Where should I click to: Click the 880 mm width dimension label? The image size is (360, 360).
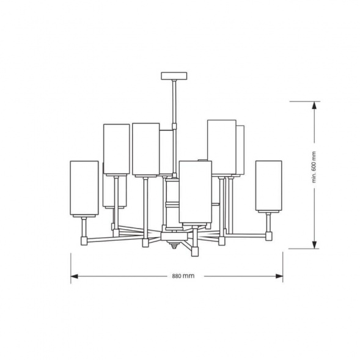pyautogui.click(x=183, y=276)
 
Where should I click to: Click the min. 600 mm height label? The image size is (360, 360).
pyautogui.click(x=314, y=167)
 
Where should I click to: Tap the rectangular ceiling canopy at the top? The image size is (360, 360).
pyautogui.click(x=174, y=76)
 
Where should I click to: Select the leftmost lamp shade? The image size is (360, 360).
pyautogui.click(x=84, y=188)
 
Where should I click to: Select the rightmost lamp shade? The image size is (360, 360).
pyautogui.click(x=268, y=186)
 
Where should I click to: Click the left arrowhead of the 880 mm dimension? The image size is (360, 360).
pyautogui.click(x=74, y=276)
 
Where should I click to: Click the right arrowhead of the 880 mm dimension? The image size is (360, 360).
pyautogui.click(x=279, y=276)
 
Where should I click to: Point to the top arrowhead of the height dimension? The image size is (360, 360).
pyautogui.click(x=314, y=105)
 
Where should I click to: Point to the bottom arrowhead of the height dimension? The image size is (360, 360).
pyautogui.click(x=314, y=244)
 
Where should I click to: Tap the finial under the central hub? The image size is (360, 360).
pyautogui.click(x=174, y=244)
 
